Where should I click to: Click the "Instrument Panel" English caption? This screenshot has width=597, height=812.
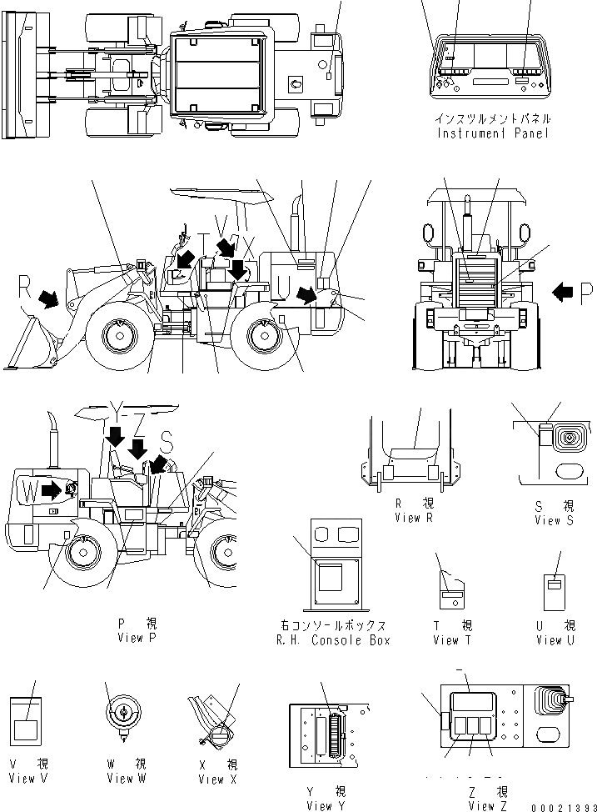click(493, 134)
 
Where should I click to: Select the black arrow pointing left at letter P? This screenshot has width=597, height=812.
click(564, 291)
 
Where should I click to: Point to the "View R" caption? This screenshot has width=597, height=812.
click(415, 518)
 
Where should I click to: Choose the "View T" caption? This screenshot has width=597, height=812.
click(452, 640)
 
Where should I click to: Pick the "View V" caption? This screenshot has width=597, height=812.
click(27, 778)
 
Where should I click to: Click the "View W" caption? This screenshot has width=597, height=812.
click(126, 778)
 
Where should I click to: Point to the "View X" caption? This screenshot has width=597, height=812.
click(217, 779)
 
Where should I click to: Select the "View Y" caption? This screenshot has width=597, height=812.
click(326, 805)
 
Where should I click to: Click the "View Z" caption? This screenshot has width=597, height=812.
click(488, 805)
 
